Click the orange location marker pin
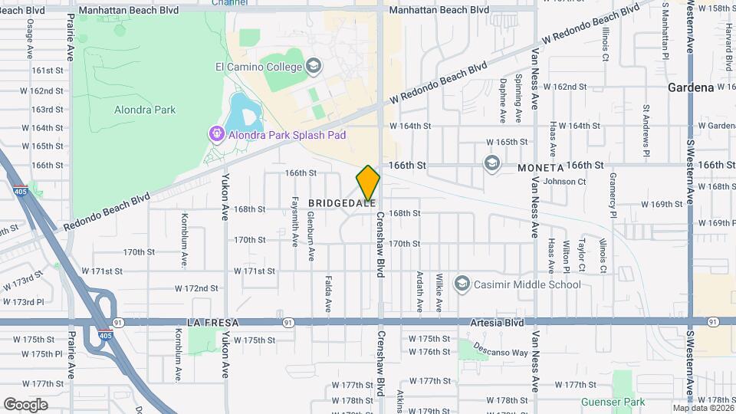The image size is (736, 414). coord(368,184)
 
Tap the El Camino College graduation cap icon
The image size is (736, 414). coord(313,67)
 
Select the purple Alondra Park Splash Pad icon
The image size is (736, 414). coord(216,135)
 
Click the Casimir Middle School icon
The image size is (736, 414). coord(462,284)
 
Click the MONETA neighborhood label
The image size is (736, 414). coord(540,167)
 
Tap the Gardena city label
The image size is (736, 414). coord(691,87)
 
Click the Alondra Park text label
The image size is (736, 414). coord(145,110)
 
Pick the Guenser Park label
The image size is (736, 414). coord(623,401)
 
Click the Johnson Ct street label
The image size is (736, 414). coord(563,182)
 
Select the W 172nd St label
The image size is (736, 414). coord(196,288)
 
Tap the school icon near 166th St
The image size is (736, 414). coord(491,163)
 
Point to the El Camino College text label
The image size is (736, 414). coord(258,67)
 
